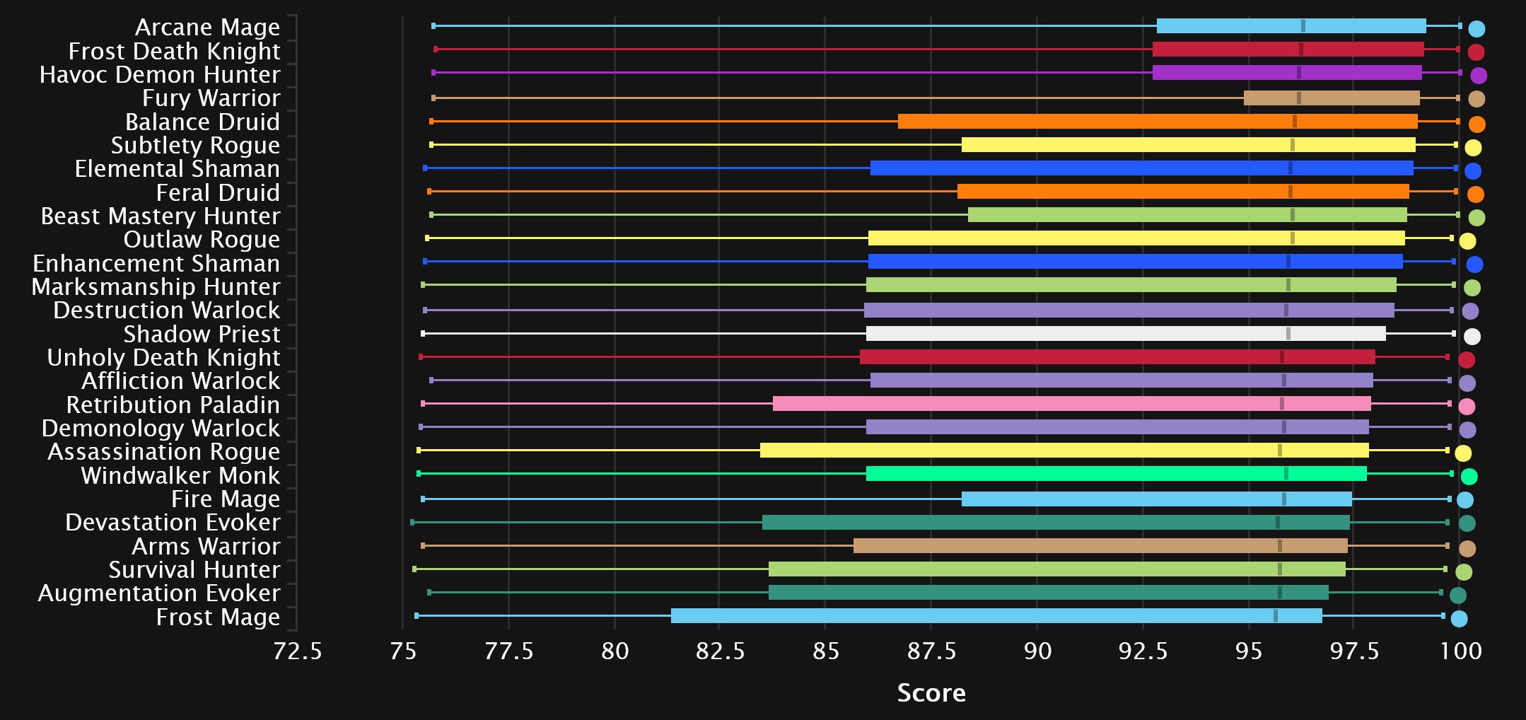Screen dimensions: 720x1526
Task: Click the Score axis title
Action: (931, 692)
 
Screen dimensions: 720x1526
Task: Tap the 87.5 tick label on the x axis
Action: (931, 651)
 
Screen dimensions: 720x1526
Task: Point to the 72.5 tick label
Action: (297, 651)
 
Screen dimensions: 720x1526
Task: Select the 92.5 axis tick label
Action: (1142, 651)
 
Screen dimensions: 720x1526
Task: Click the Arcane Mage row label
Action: (207, 28)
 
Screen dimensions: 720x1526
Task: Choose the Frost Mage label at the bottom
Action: (218, 617)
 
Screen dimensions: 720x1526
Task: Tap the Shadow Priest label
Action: (202, 334)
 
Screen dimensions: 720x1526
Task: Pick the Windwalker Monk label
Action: (180, 475)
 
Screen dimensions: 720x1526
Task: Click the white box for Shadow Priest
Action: (1125, 334)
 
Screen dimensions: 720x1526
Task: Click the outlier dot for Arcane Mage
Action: (1476, 29)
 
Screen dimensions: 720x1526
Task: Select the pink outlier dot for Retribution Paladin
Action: (1467, 407)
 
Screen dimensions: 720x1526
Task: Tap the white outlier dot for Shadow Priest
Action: (1472, 336)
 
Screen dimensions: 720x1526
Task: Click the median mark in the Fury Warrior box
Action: (1299, 98)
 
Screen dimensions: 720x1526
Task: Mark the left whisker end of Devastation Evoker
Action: (412, 523)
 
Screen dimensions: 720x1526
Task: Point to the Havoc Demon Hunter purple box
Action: (1286, 73)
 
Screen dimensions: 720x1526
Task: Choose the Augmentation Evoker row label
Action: (159, 593)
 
